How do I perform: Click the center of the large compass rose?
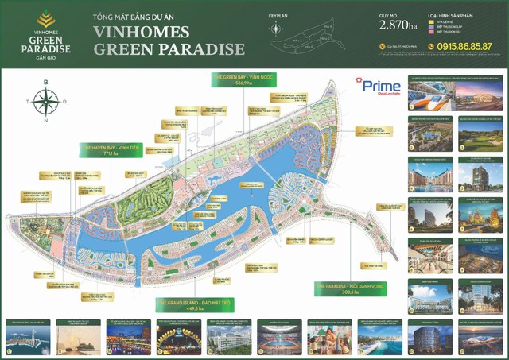45,102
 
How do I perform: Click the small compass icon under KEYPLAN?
276,29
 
